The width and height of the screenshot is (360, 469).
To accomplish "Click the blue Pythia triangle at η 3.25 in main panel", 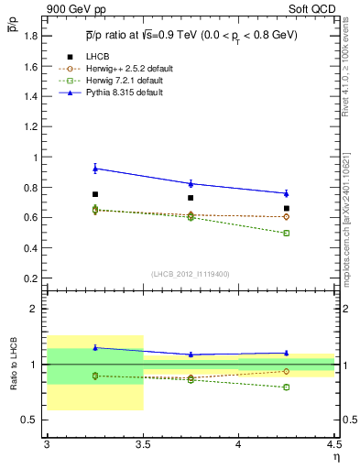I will (94, 168).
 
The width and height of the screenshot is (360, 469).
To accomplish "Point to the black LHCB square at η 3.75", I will (191, 198).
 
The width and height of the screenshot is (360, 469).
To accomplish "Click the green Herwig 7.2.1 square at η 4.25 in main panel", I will (287, 233).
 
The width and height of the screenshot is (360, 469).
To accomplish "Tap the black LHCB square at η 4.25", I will (287, 209).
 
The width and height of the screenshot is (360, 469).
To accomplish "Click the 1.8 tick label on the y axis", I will (34, 36).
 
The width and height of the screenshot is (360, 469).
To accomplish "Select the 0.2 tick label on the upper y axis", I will (34, 278).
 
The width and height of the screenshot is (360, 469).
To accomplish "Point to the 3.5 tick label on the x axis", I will (142, 446).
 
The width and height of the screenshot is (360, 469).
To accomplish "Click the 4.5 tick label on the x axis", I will (333, 446).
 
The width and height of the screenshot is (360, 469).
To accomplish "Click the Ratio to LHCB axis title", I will (14, 365).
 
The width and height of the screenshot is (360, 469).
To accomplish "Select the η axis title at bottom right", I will (334, 457).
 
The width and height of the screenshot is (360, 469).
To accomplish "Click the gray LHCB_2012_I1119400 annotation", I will (191, 274).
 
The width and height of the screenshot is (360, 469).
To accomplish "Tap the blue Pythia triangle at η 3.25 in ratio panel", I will (94, 347).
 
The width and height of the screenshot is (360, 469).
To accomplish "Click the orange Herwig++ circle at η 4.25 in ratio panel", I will (287, 371).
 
